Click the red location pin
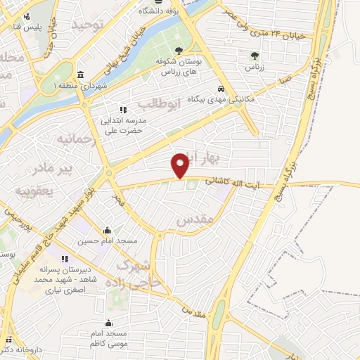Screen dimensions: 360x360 coord(181,165)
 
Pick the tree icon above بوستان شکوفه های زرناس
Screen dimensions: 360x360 coord(181,50)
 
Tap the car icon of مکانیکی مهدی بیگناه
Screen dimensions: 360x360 coord(221,89)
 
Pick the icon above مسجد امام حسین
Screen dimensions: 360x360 coord(107,230)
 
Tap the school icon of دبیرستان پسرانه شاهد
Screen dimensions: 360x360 coord(66,259)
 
